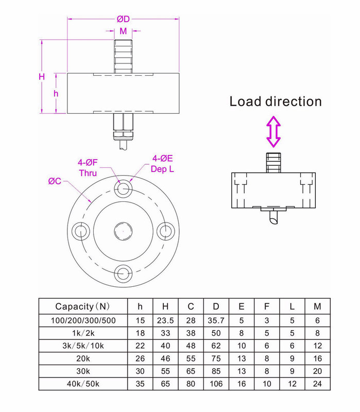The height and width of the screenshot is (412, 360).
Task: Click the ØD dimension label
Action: click(123, 19)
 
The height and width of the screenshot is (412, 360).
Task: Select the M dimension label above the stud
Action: click(123, 31)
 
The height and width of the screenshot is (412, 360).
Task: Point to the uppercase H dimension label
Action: click(42, 76)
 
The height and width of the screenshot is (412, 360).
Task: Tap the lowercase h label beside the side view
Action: click(56, 94)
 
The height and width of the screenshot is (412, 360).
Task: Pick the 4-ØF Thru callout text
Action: click(88, 168)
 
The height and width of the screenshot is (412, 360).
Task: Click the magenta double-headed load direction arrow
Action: click(273, 132)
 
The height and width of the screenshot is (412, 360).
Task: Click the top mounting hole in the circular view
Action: click(123, 190)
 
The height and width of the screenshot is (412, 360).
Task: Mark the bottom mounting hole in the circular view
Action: click(123, 273)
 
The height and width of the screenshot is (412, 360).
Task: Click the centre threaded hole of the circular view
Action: click(123, 231)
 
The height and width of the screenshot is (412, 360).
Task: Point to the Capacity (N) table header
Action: click(82, 306)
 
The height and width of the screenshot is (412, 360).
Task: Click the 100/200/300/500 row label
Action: click(82, 320)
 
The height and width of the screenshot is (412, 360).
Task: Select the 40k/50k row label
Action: click(82, 383)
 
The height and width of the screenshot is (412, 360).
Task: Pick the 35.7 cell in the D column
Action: click(216, 320)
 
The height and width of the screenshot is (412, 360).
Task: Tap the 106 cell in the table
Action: click(216, 383)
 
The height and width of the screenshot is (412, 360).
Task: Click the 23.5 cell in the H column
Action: click(165, 320)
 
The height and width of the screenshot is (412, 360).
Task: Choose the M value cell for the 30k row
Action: click(317, 370)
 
